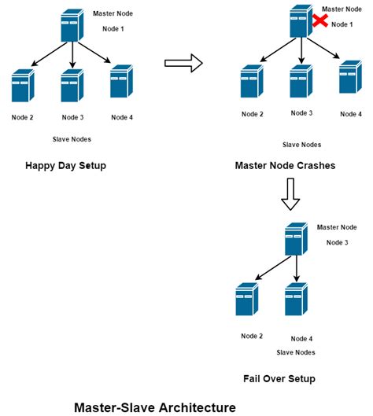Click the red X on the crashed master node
319,20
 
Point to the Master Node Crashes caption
284,166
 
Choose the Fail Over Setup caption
280,378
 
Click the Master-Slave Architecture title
154,407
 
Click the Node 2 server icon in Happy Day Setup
22,87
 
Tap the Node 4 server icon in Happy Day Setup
120,81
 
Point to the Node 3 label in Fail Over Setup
335,242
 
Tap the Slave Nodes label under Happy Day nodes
72,139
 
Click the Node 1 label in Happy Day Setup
115,28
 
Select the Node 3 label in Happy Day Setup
72,118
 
